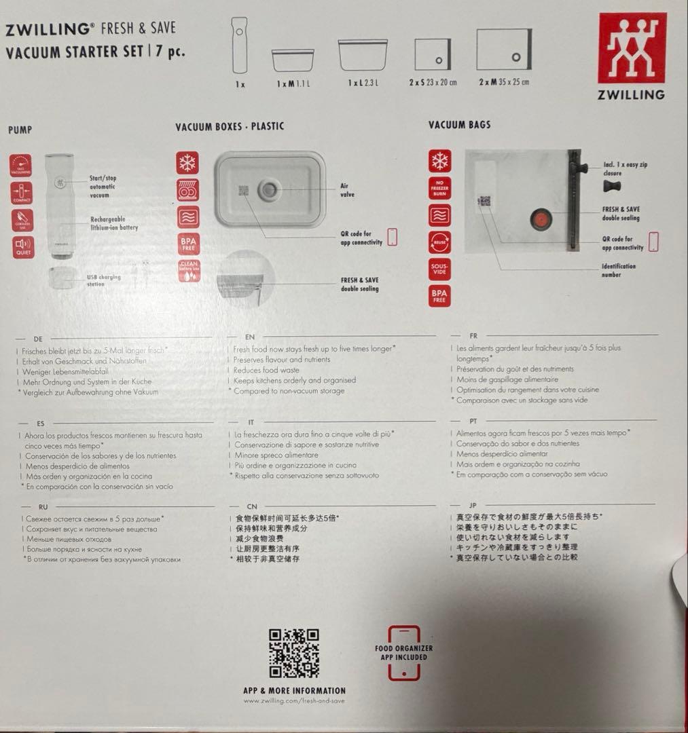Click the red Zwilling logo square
[632, 48]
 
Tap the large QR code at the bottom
[294, 653]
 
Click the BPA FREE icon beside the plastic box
[187, 243]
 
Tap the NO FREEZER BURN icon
[439, 188]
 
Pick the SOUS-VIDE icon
[439, 269]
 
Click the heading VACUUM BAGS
[459, 125]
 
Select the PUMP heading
[20, 129]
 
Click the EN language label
[249, 337]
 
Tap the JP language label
[473, 506]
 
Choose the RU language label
[43, 507]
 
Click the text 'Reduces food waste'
[266, 370]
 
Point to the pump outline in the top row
[240, 45]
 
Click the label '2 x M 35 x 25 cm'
[503, 82]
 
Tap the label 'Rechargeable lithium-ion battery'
[113, 223]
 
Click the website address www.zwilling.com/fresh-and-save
[294, 701]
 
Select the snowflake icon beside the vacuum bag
[439, 161]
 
